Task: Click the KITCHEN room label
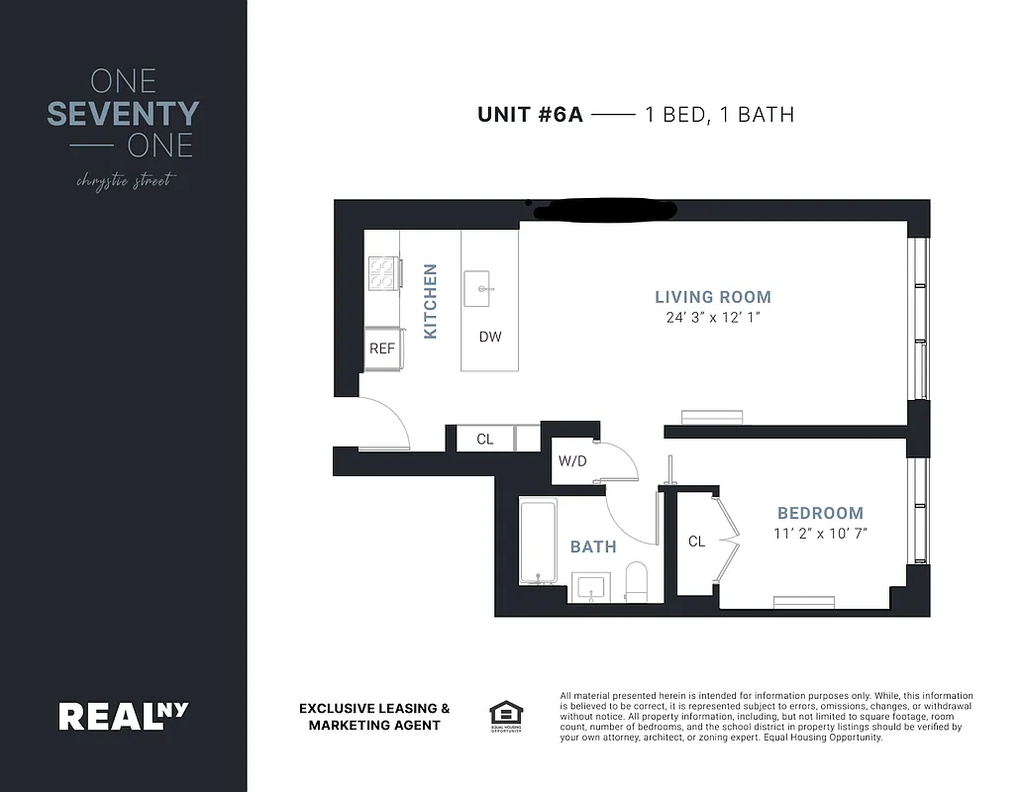(x=431, y=301)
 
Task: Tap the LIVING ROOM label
(x=712, y=297)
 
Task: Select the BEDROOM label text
(x=820, y=513)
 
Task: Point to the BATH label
(x=593, y=546)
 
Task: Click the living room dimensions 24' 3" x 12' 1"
(x=712, y=318)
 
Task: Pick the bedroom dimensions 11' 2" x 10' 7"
(x=820, y=534)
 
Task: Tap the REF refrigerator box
(x=382, y=348)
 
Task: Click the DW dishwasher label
(x=490, y=337)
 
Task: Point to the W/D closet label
(x=572, y=460)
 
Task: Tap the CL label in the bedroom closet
(x=697, y=542)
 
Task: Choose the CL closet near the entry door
(x=485, y=439)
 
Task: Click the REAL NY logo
(x=123, y=715)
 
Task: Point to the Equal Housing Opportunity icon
(x=505, y=715)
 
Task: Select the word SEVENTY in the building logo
(x=123, y=114)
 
